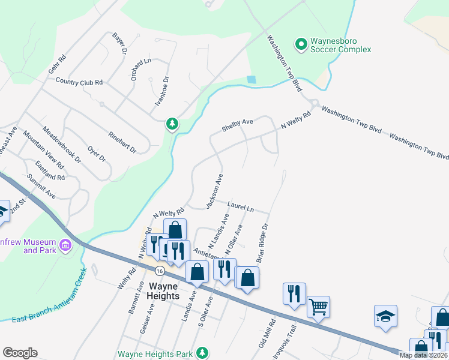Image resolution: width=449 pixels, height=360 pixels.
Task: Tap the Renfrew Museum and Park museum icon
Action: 65,245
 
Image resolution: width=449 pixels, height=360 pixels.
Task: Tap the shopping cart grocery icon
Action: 318,307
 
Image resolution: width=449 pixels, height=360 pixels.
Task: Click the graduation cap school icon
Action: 385,316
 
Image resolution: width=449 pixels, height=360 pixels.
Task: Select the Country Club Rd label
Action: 79,82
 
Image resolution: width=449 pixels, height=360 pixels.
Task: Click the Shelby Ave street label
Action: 238,125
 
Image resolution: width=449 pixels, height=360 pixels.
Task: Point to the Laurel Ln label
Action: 241,207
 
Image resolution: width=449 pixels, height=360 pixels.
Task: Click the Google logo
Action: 20,352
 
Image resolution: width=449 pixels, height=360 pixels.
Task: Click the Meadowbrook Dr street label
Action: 61,144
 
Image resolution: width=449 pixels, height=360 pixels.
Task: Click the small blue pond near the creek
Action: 251,79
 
